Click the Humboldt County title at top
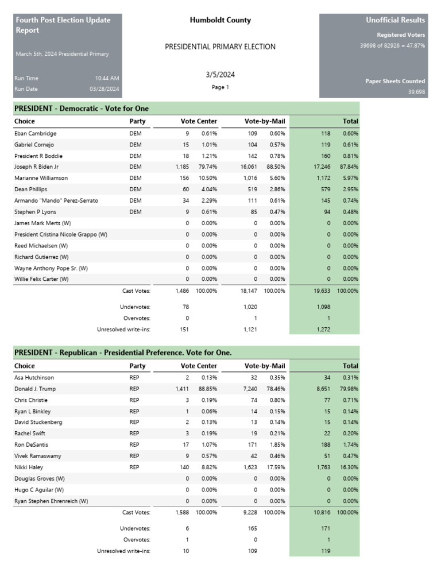[x=220, y=20]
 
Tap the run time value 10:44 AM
[x=107, y=78]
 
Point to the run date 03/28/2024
[x=104, y=89]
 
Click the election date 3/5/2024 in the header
[x=220, y=75]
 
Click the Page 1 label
[x=220, y=87]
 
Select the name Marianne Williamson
[x=41, y=178]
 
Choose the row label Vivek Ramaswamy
[x=38, y=456]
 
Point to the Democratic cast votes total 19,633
[x=322, y=291]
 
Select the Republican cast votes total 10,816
[x=322, y=512]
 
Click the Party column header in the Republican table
[x=137, y=366]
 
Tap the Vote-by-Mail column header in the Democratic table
[x=264, y=121]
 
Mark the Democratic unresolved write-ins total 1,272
[x=323, y=330]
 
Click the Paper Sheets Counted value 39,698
[x=416, y=92]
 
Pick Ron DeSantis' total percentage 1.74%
[x=349, y=445]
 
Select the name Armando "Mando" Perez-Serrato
[x=56, y=200]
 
